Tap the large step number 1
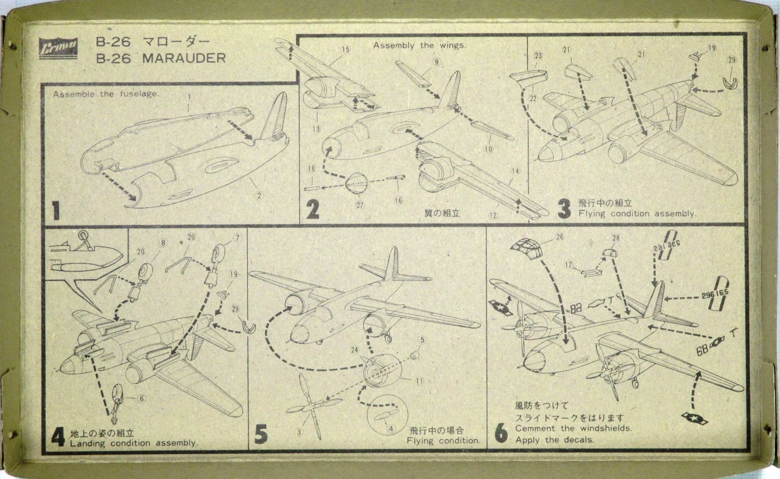(x=56, y=211)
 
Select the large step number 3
(x=564, y=209)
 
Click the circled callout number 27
(x=359, y=204)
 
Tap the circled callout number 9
(x=436, y=62)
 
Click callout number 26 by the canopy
(x=560, y=236)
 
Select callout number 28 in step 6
(x=616, y=238)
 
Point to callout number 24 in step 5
(x=354, y=351)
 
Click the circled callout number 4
(x=391, y=428)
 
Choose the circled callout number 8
(x=163, y=243)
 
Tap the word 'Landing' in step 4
(x=86, y=443)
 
